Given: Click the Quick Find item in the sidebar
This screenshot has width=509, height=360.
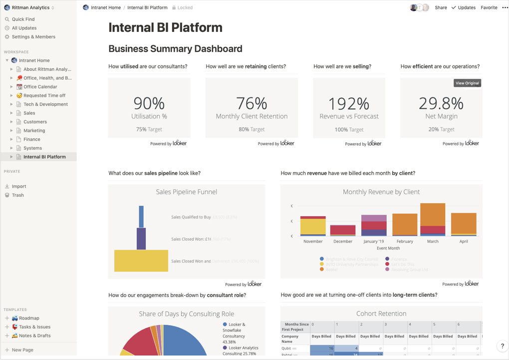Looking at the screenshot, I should point(23,19).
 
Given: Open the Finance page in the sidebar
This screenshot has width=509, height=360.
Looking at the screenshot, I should point(31,139).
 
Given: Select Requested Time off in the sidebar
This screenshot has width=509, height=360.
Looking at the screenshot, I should point(44,95).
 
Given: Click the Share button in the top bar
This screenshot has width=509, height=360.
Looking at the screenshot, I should point(441,7).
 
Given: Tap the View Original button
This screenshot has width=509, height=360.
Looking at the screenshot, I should point(467,83).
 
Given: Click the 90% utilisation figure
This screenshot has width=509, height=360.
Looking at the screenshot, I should point(149,103).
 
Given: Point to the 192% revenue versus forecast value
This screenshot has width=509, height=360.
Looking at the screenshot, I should point(349,103).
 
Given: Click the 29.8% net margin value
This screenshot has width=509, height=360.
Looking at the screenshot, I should point(441,103).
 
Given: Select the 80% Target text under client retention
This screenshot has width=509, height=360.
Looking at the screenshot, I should point(252,129).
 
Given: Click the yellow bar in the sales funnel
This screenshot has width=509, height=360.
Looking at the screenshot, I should point(141,261).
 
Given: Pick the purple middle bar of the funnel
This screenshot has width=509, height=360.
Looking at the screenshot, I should point(141,239).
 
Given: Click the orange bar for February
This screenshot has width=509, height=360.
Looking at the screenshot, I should point(405,224).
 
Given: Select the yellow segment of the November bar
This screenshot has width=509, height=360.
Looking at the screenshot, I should point(313,226).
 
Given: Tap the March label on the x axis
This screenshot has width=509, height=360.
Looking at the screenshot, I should point(433,241).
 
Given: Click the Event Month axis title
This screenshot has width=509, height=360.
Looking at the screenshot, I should point(388,248).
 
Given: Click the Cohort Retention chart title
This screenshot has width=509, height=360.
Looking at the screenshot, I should point(381,314).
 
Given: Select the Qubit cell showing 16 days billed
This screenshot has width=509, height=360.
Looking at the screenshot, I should point(322,348).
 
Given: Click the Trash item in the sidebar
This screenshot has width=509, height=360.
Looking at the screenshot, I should point(17,195).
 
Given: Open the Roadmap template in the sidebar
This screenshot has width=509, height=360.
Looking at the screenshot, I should point(29,318).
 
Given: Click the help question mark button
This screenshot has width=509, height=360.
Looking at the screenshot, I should point(502,346).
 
